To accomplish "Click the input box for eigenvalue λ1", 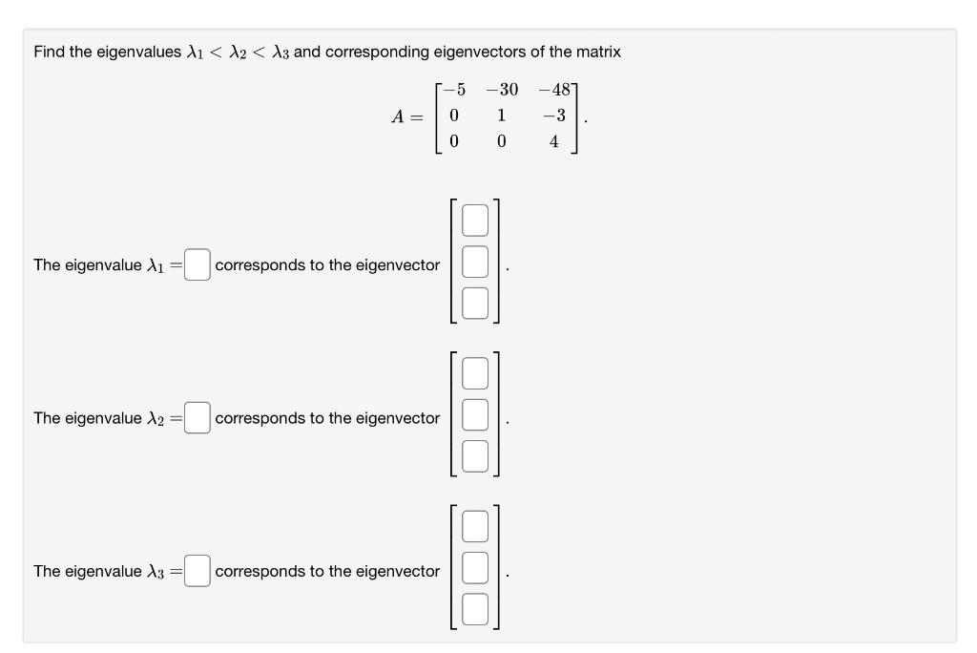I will [197, 264].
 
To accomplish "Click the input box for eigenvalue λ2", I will [197, 417].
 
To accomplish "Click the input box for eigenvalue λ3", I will [197, 571].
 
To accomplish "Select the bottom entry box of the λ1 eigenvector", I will [475, 304].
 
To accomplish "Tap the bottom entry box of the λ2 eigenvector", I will [475, 456].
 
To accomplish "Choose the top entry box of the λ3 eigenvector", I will [475, 527].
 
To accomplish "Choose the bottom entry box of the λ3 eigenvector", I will [475, 610].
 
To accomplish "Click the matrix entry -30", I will [501, 91].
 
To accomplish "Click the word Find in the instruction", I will [49, 52].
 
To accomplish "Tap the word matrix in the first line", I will [597, 52].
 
